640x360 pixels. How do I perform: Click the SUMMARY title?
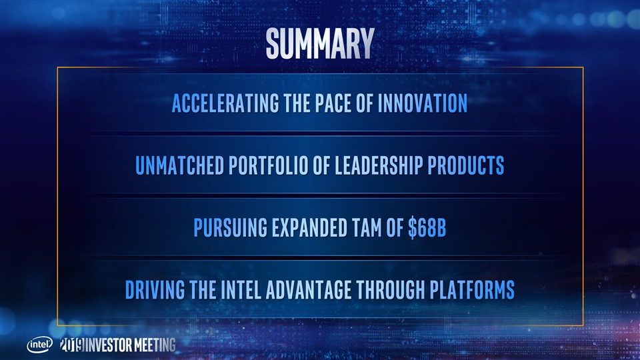pyautogui.click(x=320, y=43)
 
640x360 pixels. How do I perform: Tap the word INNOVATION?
pyautogui.click(x=423, y=103)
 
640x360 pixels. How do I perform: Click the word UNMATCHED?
pyautogui.click(x=179, y=165)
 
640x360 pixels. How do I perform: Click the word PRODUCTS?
pyautogui.click(x=466, y=165)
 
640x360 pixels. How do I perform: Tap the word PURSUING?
pyautogui.click(x=230, y=228)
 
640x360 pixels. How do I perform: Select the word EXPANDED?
pyautogui.click(x=309, y=228)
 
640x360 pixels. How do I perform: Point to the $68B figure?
pyautogui.click(x=427, y=228)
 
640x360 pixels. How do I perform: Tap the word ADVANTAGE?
pyautogui.click(x=309, y=290)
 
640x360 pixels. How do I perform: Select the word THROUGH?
pyautogui.click(x=391, y=290)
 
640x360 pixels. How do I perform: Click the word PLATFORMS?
pyautogui.click(x=472, y=290)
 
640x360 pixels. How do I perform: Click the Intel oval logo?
pyautogui.click(x=39, y=345)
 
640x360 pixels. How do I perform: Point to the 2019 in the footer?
pyautogui.click(x=72, y=345)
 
